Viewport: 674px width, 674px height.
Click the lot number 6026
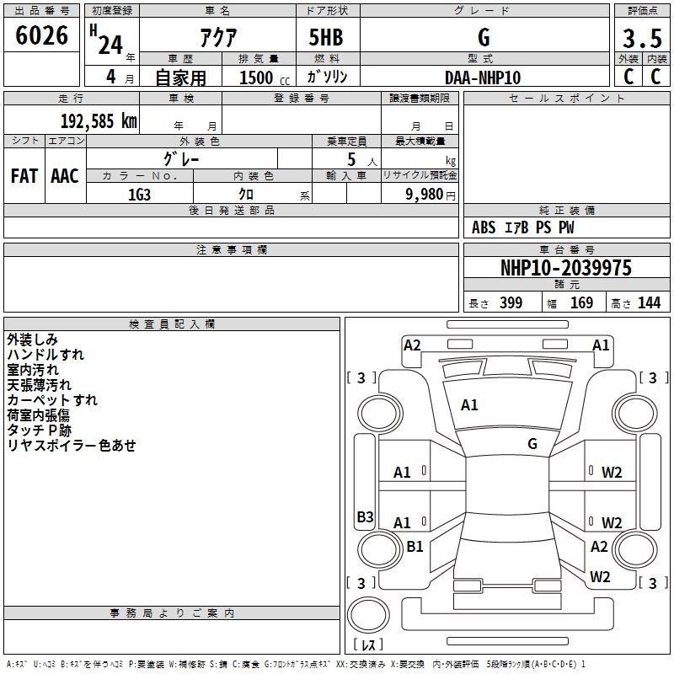(41, 35)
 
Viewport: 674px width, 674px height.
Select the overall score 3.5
(642, 38)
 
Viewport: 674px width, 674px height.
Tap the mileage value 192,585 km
(99, 121)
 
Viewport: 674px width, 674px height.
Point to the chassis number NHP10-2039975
(566, 268)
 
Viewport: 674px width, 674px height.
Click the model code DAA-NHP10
(483, 78)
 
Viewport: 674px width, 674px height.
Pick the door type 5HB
(326, 37)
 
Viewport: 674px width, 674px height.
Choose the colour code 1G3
(139, 195)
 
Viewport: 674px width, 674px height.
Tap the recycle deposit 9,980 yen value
(431, 195)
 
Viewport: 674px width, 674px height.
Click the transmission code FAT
(24, 176)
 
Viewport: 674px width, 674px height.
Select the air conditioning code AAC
(65, 176)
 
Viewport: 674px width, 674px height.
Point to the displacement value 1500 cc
(265, 78)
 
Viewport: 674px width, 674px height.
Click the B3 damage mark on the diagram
(365, 516)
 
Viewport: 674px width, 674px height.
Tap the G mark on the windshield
(532, 444)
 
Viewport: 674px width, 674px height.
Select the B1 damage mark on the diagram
(415, 546)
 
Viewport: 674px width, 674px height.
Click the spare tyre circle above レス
(368, 615)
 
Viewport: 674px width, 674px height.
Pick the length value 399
(511, 303)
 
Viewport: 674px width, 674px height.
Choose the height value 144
(649, 303)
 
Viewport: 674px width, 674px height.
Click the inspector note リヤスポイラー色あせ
(72, 446)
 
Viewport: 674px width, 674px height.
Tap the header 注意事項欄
(232, 249)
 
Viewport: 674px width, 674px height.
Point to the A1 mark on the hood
(469, 405)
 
